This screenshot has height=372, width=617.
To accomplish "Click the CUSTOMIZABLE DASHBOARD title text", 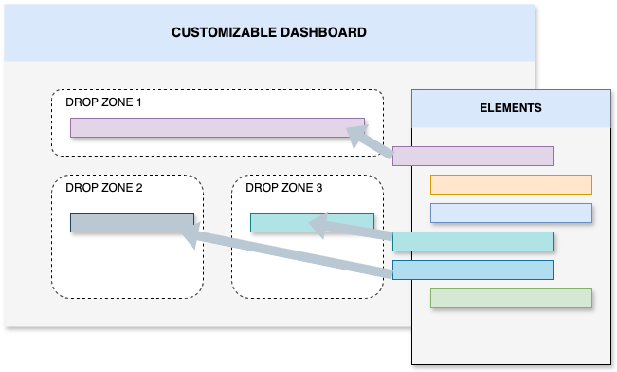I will [x=269, y=32].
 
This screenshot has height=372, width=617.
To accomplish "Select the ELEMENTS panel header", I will [x=511, y=108].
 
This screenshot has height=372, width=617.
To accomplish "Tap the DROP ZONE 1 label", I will [x=104, y=102].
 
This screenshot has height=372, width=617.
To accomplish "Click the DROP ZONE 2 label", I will [x=104, y=188].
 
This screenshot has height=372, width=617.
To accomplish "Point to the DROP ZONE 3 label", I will [x=284, y=188].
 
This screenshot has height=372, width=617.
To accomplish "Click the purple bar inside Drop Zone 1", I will [x=217, y=127].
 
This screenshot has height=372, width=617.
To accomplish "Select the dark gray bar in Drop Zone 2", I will [x=132, y=222].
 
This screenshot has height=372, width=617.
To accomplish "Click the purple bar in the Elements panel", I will [x=473, y=156].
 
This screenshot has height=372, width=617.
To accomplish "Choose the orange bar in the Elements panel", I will [x=511, y=184].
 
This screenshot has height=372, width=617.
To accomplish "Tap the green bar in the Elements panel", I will [x=511, y=298].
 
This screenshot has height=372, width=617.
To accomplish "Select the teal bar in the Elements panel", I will [x=473, y=241].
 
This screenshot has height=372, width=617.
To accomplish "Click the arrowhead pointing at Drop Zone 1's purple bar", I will [x=356, y=138].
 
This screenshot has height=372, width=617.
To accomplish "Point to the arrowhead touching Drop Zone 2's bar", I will [x=189, y=236].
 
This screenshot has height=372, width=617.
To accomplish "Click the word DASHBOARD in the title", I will [x=321, y=32].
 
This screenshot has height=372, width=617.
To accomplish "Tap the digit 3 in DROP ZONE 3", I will [x=319, y=188].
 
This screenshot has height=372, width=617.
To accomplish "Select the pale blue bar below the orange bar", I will [x=511, y=213].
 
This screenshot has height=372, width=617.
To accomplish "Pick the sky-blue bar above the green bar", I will [x=473, y=270].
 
